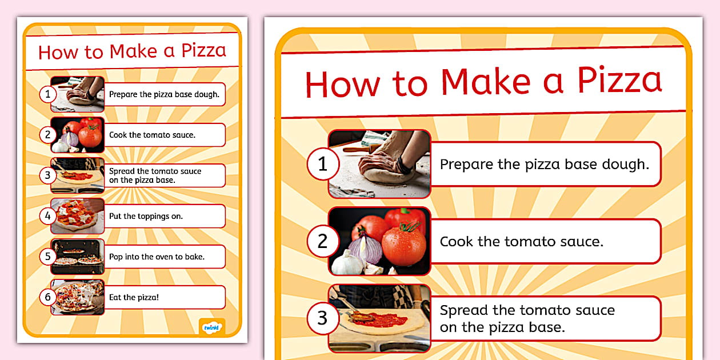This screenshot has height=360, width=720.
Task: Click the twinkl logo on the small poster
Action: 211,327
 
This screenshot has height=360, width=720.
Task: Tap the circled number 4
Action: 48,216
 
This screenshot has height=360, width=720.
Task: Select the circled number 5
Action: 48,257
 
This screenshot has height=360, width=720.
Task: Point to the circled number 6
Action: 48,297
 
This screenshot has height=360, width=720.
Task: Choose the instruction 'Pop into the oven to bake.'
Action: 157,257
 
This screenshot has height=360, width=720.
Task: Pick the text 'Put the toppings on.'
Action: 146,216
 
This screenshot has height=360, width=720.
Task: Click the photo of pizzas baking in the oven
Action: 78,257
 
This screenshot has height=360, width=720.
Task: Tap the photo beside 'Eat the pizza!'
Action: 78,297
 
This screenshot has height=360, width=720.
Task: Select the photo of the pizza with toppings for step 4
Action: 78,216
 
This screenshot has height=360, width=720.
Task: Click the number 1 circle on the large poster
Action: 323,164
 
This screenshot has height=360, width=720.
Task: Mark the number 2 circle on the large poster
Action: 323,241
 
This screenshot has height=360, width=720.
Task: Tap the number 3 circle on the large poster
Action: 323,318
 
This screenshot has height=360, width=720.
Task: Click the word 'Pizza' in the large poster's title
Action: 619,81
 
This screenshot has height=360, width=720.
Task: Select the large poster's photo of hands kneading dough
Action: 379,164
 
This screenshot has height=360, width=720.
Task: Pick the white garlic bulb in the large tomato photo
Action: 347,263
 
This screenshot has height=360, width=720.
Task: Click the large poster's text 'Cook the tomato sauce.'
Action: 521,241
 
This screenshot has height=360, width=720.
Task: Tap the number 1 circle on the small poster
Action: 48,94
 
